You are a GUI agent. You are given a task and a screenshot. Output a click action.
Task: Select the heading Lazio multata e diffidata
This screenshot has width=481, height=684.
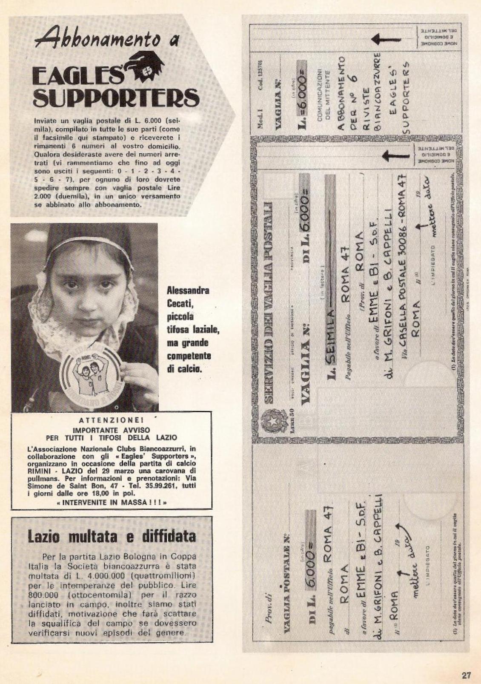pos(112,535)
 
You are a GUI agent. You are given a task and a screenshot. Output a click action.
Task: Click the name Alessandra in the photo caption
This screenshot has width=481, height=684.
pos(188,291)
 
